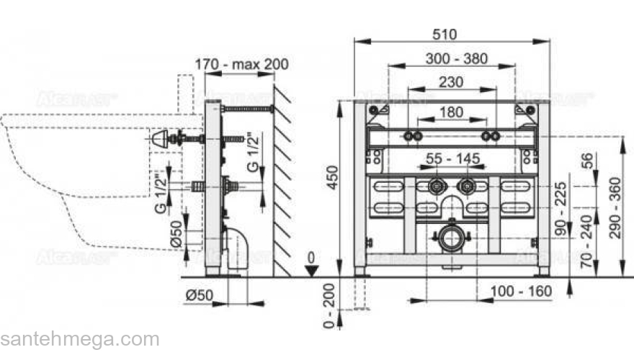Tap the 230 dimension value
[451, 81]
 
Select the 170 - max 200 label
[241, 64]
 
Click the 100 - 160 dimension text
[522, 291]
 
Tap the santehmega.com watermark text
[79, 339]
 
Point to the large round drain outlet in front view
[451, 238]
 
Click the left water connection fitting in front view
[435, 186]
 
